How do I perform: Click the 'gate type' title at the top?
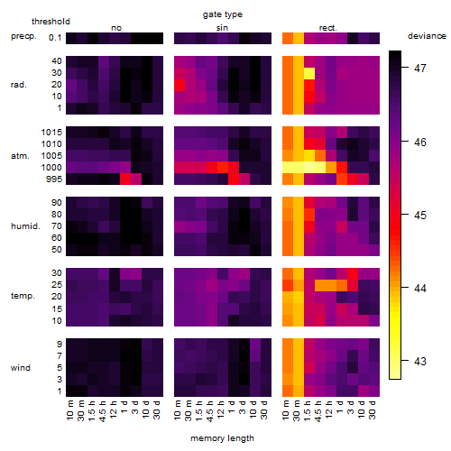pyautogui.click(x=223, y=14)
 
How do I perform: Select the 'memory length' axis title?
pyautogui.click(x=222, y=438)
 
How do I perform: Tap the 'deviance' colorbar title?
pyautogui.click(x=427, y=36)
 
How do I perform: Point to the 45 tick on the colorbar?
pyautogui.click(x=405, y=215)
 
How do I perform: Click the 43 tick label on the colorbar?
pyautogui.click(x=420, y=361)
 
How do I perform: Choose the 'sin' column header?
pyautogui.click(x=222, y=28)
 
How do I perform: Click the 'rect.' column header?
pyautogui.click(x=327, y=28)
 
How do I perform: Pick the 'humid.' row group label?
pyautogui.click(x=25, y=226)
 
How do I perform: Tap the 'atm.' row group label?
pyautogui.click(x=20, y=156)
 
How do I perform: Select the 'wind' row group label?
pyautogui.click(x=21, y=368)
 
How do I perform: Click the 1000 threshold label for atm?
pyautogui.click(x=51, y=168)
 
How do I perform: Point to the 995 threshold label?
pyautogui.click(x=54, y=179)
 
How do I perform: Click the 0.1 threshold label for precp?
pyautogui.click(x=55, y=38)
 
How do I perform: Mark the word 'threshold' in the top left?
pyautogui.click(x=51, y=22)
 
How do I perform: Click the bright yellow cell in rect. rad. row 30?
pyautogui.click(x=309, y=73)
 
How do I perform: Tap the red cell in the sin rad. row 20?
pyautogui.click(x=179, y=85)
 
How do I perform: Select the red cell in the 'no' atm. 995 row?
pyautogui.click(x=125, y=179)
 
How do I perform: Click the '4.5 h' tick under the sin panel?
pyautogui.click(x=210, y=410)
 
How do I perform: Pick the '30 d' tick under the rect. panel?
pyautogui.click(x=372, y=410)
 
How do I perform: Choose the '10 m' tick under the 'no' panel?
pyautogui.click(x=69, y=410)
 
